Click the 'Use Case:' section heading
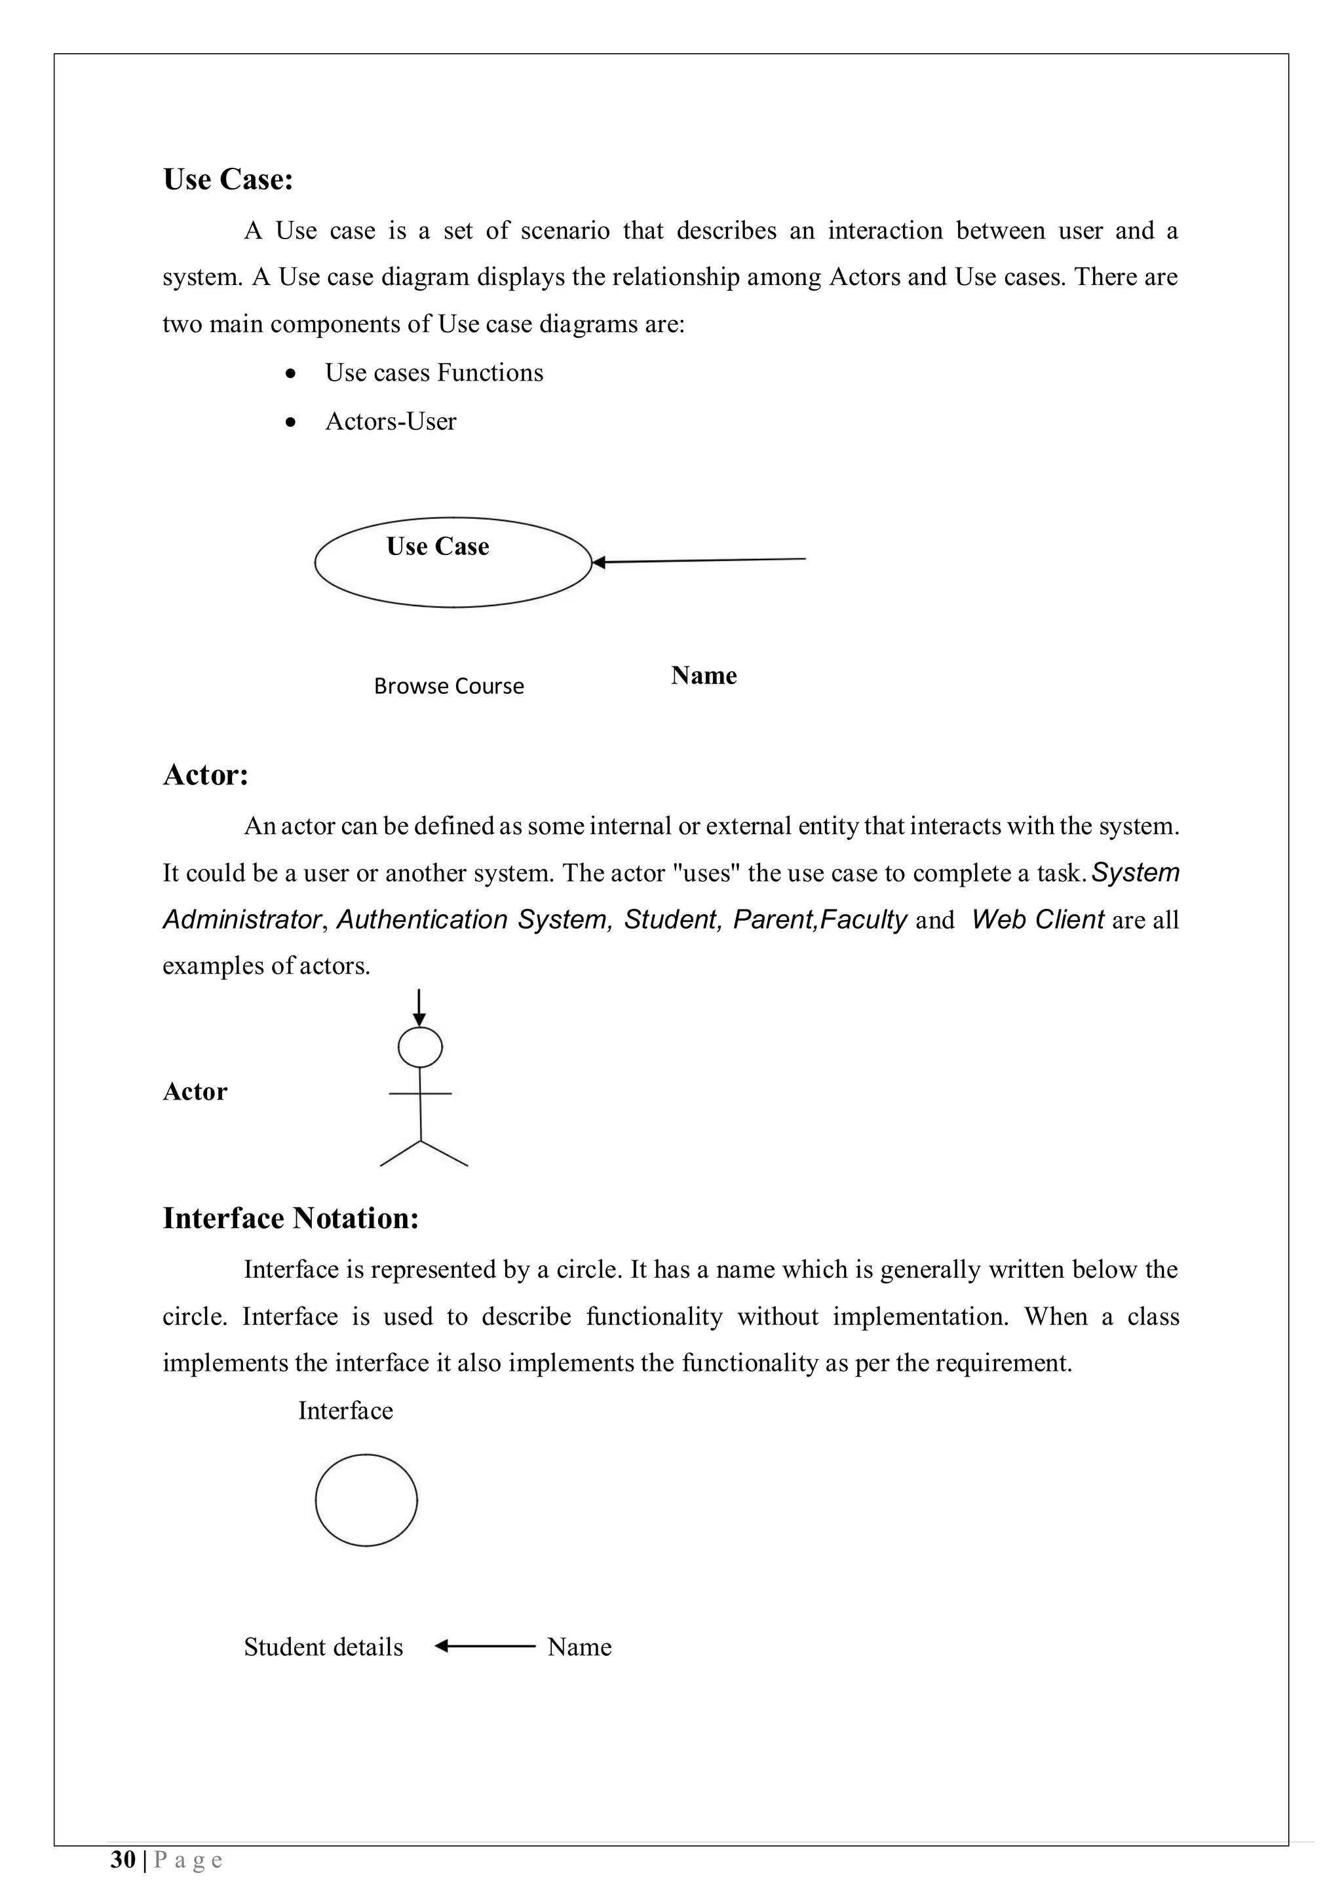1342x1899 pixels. coord(228,180)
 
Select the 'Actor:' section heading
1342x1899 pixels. coord(206,775)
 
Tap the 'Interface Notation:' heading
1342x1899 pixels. coord(290,1218)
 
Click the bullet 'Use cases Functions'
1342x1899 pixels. coord(433,373)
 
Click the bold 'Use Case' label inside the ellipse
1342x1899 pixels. coord(438,547)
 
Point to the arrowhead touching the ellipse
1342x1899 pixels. coord(600,562)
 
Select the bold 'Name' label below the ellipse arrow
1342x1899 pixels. coord(703,676)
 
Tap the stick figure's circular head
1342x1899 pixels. coord(420,1048)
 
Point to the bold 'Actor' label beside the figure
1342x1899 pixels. coord(195,1092)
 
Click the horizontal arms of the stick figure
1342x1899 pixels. coord(420,1094)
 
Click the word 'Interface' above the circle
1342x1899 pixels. coord(345,1410)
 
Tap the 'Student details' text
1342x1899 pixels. coord(323,1647)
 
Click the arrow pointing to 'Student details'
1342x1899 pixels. coord(484,1646)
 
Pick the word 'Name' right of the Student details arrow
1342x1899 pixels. coord(579,1647)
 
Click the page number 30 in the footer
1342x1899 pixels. coord(123,1860)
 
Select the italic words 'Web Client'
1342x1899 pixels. coord(1037,920)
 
